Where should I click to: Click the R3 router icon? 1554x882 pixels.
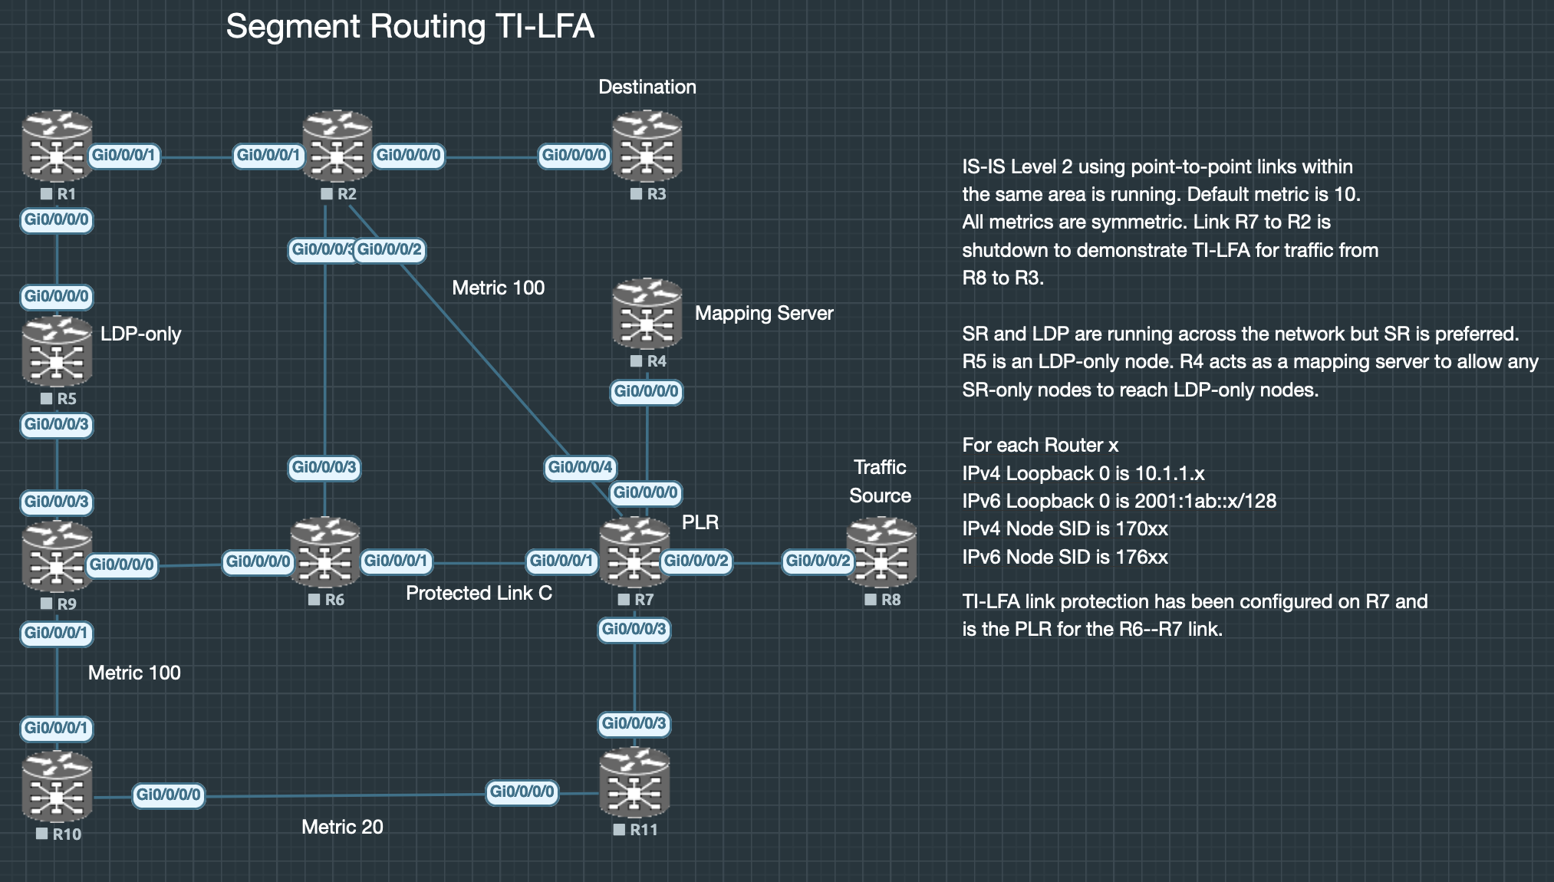point(647,146)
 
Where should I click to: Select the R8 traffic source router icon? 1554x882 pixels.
point(881,552)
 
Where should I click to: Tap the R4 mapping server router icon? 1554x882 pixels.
point(647,313)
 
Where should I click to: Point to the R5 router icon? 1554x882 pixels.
point(58,352)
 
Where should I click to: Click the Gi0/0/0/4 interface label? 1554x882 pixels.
point(580,467)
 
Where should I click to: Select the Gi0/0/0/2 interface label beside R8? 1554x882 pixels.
point(818,561)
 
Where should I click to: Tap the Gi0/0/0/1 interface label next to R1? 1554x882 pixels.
point(123,156)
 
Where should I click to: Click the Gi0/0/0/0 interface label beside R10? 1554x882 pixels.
point(168,795)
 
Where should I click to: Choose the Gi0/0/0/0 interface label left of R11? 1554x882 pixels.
point(522,791)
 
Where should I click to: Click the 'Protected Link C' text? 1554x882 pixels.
point(479,593)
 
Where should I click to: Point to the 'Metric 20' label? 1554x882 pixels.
point(342,827)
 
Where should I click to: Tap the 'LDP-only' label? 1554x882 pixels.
point(141,334)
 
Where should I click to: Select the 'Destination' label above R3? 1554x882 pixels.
point(647,87)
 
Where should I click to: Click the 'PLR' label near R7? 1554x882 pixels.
point(700,522)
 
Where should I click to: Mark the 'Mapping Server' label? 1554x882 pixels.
point(764,313)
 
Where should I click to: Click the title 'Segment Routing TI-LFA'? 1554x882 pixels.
point(410,26)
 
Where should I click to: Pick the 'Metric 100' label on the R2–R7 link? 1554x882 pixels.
point(499,288)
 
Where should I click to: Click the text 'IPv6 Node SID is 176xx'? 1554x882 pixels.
point(1065,557)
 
